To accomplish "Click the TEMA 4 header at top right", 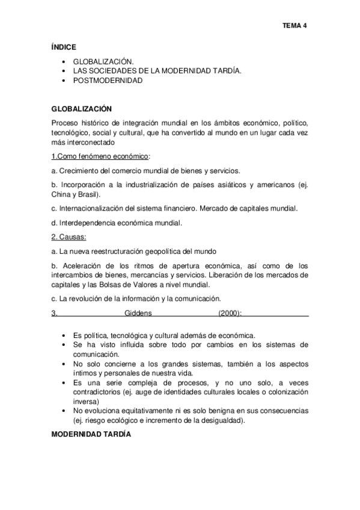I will pos(295,26).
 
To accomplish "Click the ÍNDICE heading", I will pos(64,46).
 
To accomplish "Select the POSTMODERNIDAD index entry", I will pos(108,81).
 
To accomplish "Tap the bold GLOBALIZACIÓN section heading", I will pos(82,109).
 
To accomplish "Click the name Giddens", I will pos(138,313).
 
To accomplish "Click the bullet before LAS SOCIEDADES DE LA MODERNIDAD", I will pos(64,71).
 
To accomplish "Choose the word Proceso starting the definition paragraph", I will pos(65,123).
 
